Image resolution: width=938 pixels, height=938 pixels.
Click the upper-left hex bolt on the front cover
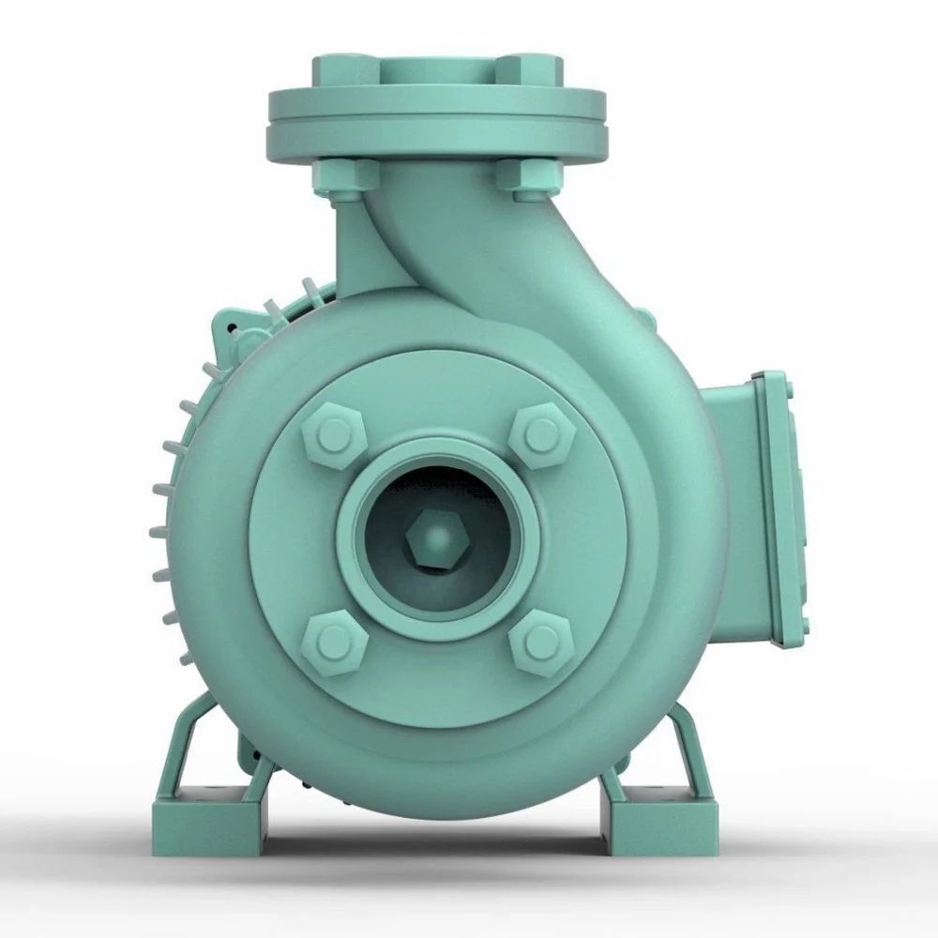point(334,434)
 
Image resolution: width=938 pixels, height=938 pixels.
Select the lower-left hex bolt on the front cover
point(333,643)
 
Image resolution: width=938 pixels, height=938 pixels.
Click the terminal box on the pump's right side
point(760,511)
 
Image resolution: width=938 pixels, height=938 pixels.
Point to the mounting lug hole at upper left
point(231,328)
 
